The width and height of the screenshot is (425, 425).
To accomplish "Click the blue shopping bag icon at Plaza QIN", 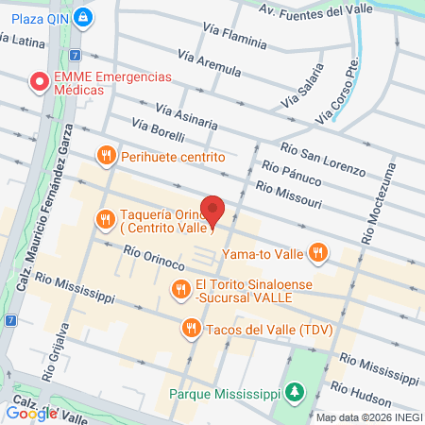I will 84,16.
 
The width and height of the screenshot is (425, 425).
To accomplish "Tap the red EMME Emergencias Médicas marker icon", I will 40,82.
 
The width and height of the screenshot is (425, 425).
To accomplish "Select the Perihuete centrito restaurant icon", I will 106,155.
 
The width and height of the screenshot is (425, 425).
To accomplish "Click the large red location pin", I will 213,212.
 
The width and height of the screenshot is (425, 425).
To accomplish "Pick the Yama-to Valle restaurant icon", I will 318,252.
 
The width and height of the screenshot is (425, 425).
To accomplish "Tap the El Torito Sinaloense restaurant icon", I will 178,288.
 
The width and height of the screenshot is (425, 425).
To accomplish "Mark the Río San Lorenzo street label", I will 323,158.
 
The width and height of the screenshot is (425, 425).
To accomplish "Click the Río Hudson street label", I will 374,398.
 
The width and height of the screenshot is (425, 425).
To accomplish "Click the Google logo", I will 31,412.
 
